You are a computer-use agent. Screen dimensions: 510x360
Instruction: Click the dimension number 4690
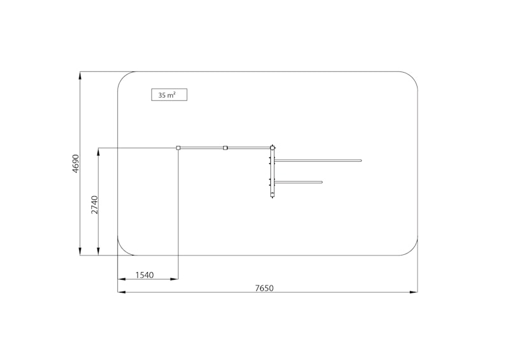click(75, 164)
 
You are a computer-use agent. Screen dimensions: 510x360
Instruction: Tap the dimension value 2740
click(94, 205)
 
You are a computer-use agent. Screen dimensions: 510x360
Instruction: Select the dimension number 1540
click(145, 275)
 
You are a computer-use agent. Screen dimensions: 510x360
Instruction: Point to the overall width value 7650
click(264, 288)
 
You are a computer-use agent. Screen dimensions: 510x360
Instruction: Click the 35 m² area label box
click(169, 95)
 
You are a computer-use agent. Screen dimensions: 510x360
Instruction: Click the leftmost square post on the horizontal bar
click(178, 148)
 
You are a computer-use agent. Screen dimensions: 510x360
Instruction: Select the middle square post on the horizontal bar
click(225, 148)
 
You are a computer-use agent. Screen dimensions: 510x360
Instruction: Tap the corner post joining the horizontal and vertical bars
click(273, 148)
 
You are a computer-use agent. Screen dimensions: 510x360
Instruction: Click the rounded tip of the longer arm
click(360, 161)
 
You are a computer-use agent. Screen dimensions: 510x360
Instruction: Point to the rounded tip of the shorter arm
click(321, 182)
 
